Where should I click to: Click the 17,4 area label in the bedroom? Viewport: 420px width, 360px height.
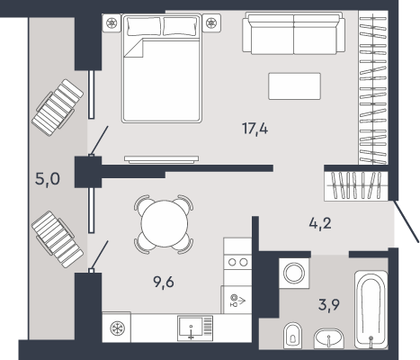(x=255, y=129)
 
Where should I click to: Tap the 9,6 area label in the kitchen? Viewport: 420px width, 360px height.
(x=164, y=282)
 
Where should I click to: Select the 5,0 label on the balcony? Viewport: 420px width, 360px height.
(x=48, y=179)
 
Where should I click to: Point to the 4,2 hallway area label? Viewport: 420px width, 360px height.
(x=320, y=223)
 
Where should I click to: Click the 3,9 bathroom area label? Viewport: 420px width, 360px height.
(x=329, y=305)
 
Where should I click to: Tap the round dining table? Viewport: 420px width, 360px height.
(x=165, y=223)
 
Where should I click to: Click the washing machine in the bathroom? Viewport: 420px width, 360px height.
(x=294, y=274)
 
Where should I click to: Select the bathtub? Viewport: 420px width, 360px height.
(x=371, y=309)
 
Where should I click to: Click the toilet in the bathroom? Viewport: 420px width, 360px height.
(x=292, y=336)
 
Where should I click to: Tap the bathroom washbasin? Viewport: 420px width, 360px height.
(x=329, y=338)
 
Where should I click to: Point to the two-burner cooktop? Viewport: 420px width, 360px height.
(x=237, y=262)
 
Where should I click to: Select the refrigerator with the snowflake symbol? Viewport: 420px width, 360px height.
(x=116, y=328)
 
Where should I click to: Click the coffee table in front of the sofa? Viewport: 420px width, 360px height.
(x=294, y=86)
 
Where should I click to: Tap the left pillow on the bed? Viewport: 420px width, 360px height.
(x=144, y=26)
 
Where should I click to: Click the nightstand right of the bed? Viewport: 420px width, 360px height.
(x=211, y=22)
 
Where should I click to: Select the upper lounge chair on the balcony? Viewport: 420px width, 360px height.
(x=58, y=107)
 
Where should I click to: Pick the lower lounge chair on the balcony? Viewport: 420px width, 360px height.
(x=58, y=239)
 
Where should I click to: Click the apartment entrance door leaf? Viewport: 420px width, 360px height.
(x=407, y=221)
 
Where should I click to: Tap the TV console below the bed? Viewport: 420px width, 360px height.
(x=162, y=159)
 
